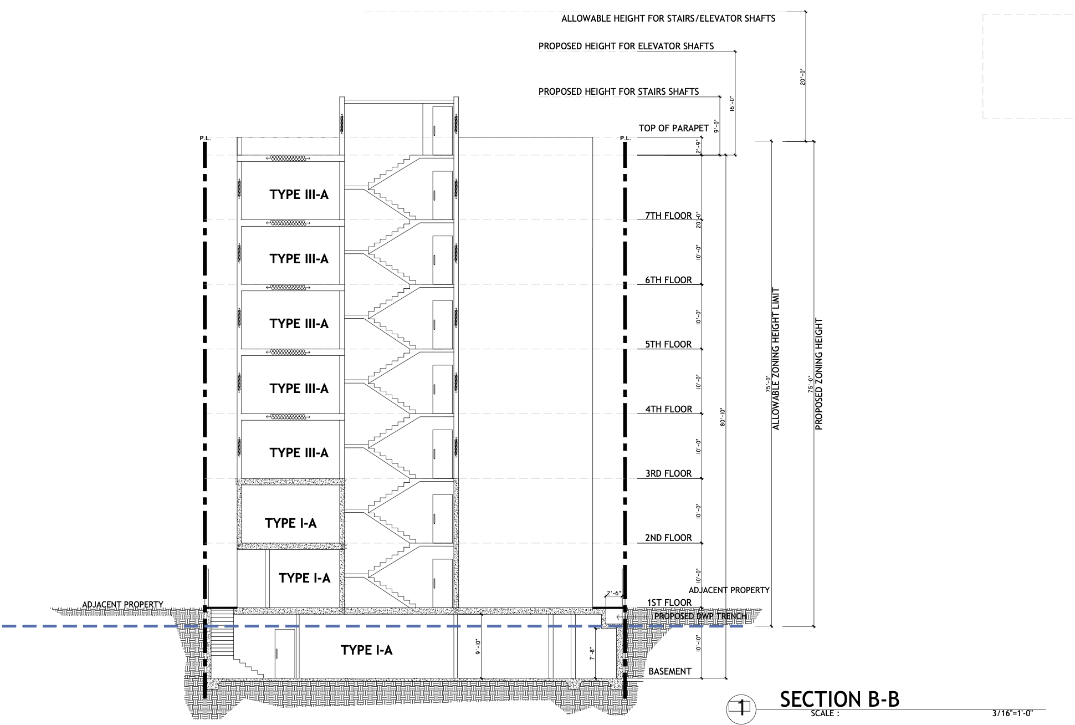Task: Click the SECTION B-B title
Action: [x=839, y=700]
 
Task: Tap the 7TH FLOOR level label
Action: [x=668, y=216]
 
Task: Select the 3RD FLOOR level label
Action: [x=668, y=473]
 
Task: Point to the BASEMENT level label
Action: [x=670, y=671]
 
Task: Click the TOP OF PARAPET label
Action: [x=674, y=128]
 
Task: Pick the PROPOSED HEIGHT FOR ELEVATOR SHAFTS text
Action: [x=626, y=46]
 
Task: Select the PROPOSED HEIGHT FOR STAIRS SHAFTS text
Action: [x=619, y=91]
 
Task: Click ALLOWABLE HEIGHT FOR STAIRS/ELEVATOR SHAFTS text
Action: [x=668, y=18]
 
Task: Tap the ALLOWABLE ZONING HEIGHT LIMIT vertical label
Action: [x=776, y=359]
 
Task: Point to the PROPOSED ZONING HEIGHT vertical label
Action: [x=819, y=374]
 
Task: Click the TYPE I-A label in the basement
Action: [x=366, y=650]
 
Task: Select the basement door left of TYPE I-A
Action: [x=285, y=653]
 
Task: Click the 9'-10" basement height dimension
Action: [x=478, y=647]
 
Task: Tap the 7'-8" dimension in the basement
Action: [x=592, y=655]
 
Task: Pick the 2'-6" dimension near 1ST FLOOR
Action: [x=613, y=593]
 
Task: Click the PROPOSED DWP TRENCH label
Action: [x=700, y=616]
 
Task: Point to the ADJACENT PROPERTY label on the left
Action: [x=122, y=605]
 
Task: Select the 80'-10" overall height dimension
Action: [x=723, y=417]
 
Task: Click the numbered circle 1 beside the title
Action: [x=741, y=708]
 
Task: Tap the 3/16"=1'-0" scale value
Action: [x=1012, y=714]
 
